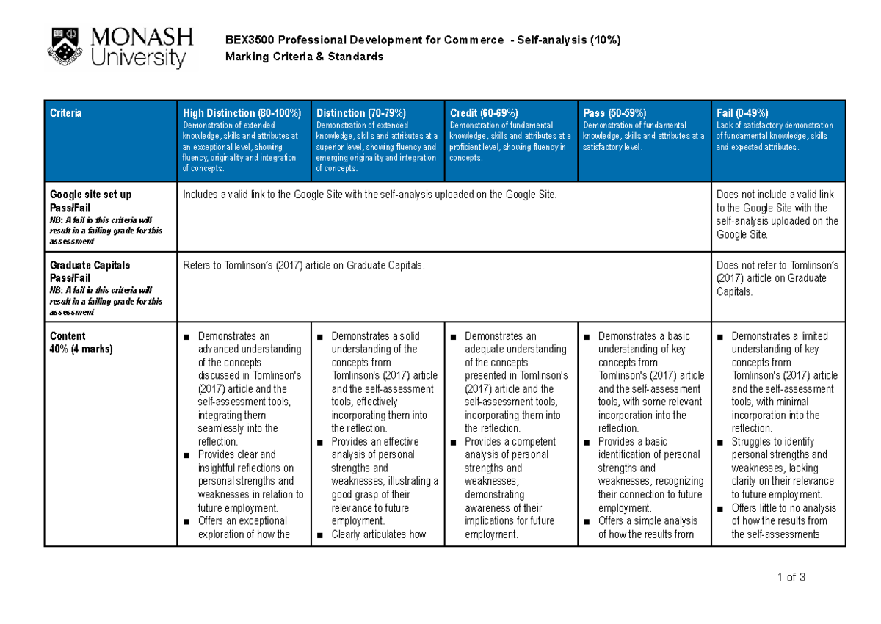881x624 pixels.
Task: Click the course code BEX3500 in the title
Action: pyautogui.click(x=248, y=40)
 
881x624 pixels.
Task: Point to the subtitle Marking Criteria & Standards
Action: pyautogui.click(x=304, y=57)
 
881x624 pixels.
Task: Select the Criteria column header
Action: pyautogui.click(x=66, y=113)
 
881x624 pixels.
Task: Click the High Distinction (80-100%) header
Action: pyautogui.click(x=242, y=113)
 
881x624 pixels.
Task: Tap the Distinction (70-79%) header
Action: pyautogui.click(x=361, y=113)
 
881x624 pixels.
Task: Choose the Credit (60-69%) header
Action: pyautogui.click(x=484, y=113)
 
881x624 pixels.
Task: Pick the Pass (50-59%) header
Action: pyautogui.click(x=614, y=113)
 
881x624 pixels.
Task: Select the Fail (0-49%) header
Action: pyautogui.click(x=743, y=113)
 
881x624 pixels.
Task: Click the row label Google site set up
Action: pyautogui.click(x=90, y=195)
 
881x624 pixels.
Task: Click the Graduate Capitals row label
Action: pyautogui.click(x=90, y=265)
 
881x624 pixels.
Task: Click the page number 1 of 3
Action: pyautogui.click(x=791, y=577)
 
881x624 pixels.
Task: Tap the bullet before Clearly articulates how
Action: pyautogui.click(x=321, y=534)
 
